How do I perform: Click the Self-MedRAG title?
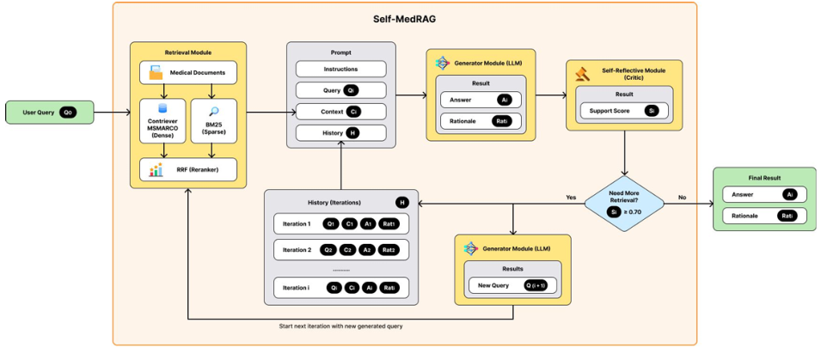[403, 17]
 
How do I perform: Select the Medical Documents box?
[187, 72]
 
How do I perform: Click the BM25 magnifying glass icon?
[213, 112]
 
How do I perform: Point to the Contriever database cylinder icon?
[162, 111]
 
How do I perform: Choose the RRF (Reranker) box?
[187, 169]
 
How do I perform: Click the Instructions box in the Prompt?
[340, 69]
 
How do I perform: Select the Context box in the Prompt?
[340, 112]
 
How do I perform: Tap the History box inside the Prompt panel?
[340, 132]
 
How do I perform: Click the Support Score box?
[623, 111]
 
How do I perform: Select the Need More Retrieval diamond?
[624, 203]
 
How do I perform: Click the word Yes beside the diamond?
[570, 197]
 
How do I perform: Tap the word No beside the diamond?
[682, 197]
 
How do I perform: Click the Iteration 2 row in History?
[340, 250]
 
